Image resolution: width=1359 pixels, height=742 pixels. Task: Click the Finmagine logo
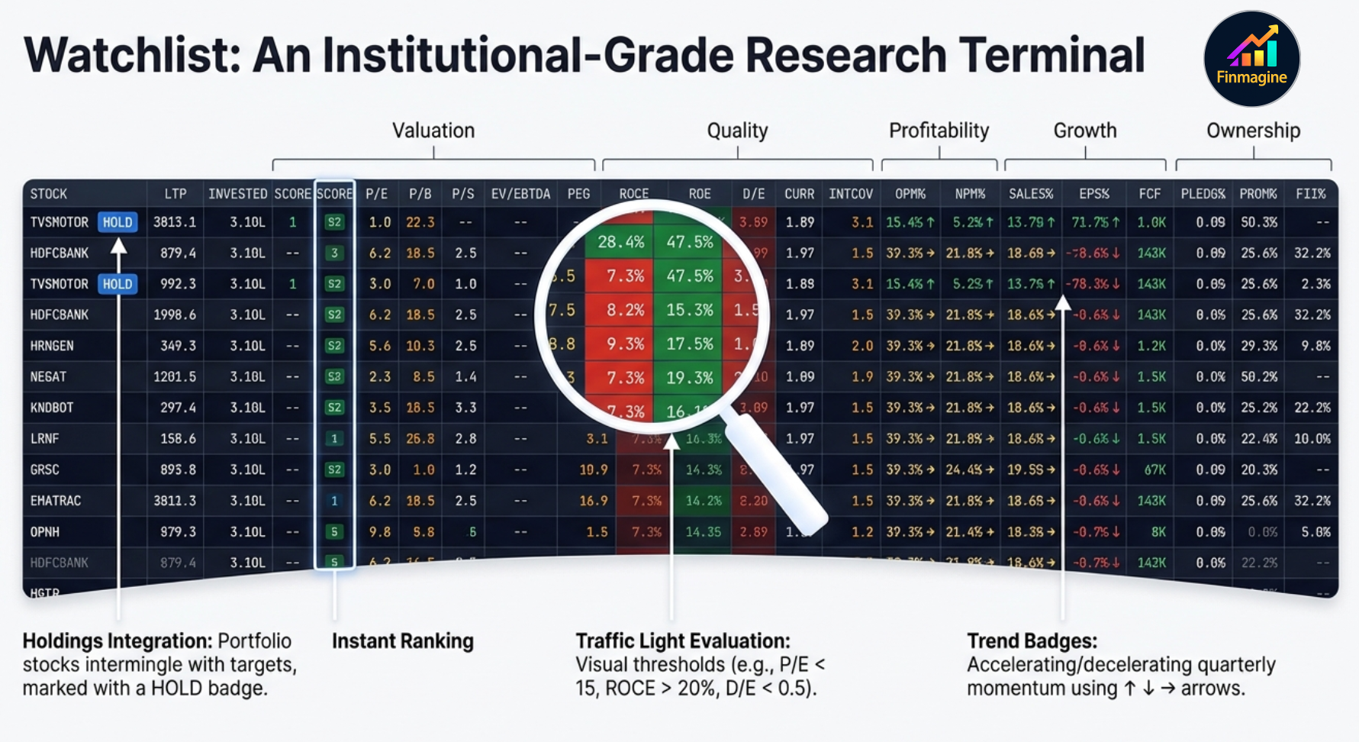coord(1251,59)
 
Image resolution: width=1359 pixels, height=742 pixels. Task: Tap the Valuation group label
coord(433,131)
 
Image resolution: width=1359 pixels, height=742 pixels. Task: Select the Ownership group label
coord(1253,131)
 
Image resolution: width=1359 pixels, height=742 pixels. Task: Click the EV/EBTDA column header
coord(520,194)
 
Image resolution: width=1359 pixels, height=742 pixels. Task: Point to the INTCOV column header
coord(851,194)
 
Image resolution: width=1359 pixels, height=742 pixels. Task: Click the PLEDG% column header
coord(1203,194)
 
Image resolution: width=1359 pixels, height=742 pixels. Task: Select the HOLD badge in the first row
coord(118,222)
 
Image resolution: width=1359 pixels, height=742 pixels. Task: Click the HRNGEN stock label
coord(52,346)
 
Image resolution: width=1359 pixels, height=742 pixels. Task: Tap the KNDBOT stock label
coord(52,408)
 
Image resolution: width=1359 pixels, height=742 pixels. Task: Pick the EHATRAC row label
coord(55,501)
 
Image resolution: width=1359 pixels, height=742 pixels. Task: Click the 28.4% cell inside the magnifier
coord(620,242)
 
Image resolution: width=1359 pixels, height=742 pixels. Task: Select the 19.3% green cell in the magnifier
coord(689,377)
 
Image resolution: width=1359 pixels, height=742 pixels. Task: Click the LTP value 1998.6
coord(175,315)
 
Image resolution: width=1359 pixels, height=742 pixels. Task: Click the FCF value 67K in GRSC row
coord(1155,469)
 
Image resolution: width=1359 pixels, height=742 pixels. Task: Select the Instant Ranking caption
coord(402,641)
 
